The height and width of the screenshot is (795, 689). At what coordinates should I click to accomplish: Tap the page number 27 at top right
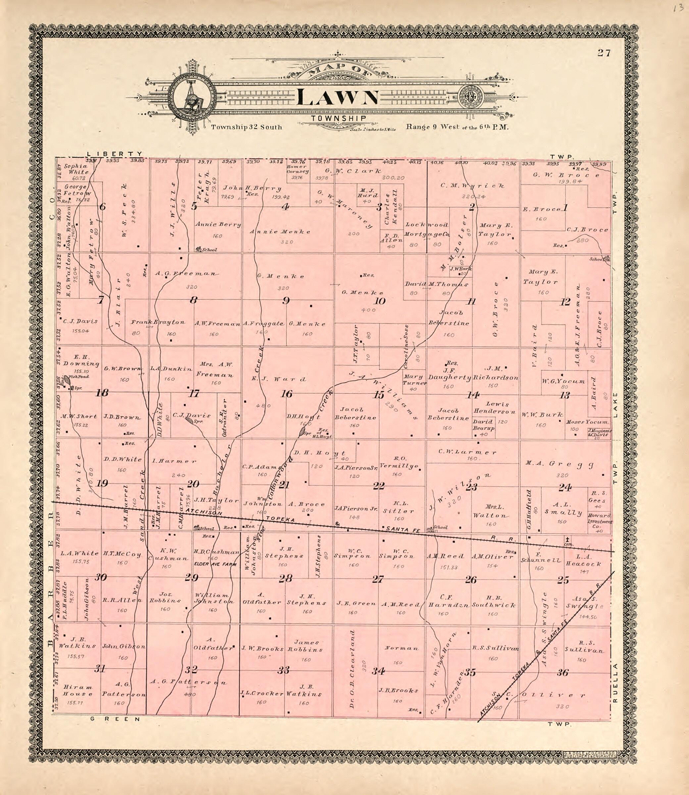click(x=604, y=53)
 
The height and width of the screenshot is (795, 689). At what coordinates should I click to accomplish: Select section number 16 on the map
click(x=286, y=394)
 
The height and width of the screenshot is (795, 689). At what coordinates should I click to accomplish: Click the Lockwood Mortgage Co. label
click(x=427, y=229)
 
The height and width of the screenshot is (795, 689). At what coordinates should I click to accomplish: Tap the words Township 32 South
click(x=246, y=127)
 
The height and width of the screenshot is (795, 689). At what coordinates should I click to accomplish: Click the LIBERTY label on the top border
click(x=114, y=153)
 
